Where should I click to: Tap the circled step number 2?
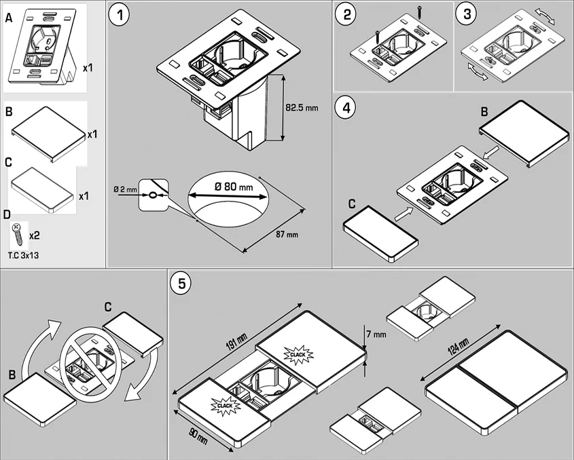[x=348, y=14]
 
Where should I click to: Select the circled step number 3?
[x=467, y=14]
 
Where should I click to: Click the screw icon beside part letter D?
[x=16, y=234]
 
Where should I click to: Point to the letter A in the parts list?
[x=8, y=20]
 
